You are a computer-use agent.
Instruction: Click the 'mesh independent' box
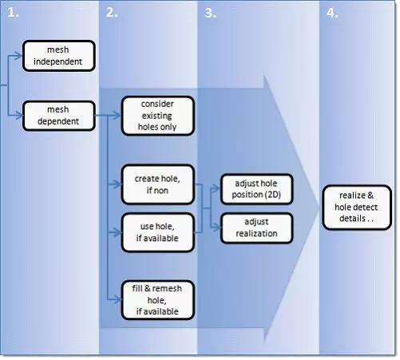[x=59, y=56]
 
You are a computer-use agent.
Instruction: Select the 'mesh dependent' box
[x=59, y=116]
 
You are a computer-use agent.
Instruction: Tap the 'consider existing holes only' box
[x=158, y=116]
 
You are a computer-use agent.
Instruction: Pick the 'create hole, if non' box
[x=158, y=184]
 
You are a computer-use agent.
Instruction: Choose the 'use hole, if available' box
[x=158, y=232]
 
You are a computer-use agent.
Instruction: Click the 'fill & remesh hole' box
[x=158, y=300]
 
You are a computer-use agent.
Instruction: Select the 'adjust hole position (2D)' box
[x=257, y=189]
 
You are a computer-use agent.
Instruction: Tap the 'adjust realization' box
[x=257, y=228]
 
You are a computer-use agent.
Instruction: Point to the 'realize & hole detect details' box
[x=357, y=208]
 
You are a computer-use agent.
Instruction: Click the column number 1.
[x=13, y=13]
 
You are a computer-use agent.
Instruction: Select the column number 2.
[x=112, y=13]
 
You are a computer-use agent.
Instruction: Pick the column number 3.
[x=211, y=13]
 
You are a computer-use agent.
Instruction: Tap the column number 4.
[x=332, y=13]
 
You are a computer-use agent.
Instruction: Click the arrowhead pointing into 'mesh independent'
[x=18, y=56]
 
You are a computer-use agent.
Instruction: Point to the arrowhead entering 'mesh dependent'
[x=18, y=116]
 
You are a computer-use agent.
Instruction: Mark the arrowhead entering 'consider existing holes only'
[x=117, y=116]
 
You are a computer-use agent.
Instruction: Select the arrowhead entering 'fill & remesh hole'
[x=117, y=299]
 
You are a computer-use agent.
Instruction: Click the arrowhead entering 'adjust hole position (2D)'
[x=216, y=188]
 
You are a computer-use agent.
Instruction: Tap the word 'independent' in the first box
[x=57, y=61]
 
